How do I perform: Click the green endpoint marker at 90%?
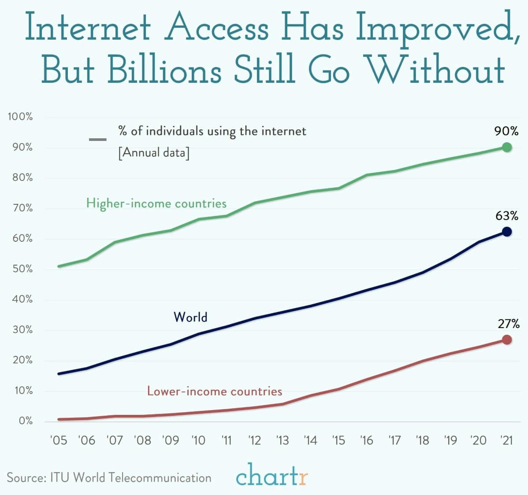(x=507, y=147)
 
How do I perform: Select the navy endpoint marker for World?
(x=507, y=232)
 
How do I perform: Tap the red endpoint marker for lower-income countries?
(x=507, y=340)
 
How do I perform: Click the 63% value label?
(x=507, y=216)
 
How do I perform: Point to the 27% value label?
(x=509, y=324)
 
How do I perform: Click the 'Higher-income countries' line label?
(x=156, y=203)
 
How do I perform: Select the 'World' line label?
(x=190, y=317)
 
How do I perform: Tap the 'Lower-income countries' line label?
(x=215, y=391)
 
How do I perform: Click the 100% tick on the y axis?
(x=20, y=117)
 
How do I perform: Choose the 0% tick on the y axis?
(x=25, y=421)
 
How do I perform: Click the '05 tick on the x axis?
(x=59, y=440)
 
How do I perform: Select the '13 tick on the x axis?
(x=283, y=440)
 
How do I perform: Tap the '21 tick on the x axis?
(x=506, y=440)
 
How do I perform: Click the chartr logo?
(x=272, y=475)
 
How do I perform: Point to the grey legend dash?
(x=97, y=140)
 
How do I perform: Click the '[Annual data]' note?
(x=154, y=153)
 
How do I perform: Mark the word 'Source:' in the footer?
(x=25, y=478)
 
